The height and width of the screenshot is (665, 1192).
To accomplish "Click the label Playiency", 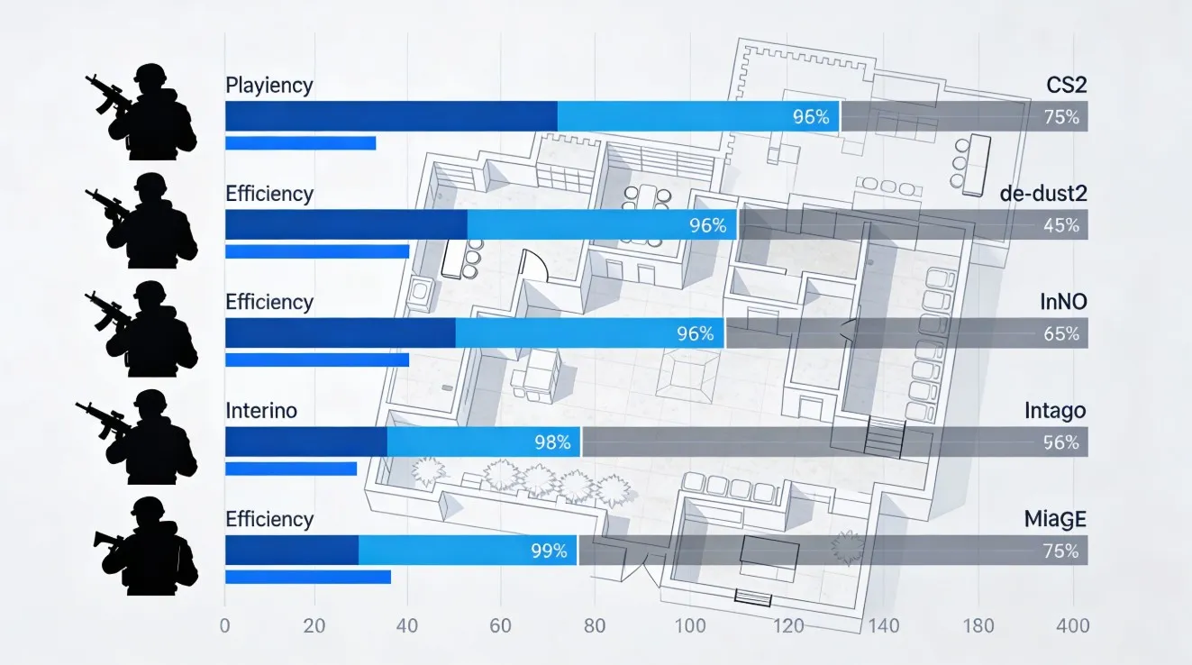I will pyautogui.click(x=268, y=86).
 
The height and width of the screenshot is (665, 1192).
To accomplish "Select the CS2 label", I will pyautogui.click(x=1066, y=86).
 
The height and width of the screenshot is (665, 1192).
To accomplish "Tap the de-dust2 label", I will pyautogui.click(x=1043, y=193).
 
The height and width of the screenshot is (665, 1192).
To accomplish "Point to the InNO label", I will pyautogui.click(x=1062, y=302).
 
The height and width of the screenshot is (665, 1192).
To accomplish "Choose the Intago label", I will pyautogui.click(x=1055, y=411).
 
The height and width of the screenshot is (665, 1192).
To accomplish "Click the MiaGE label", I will pyautogui.click(x=1055, y=519).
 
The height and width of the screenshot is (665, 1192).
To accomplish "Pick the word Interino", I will pyautogui.click(x=261, y=411).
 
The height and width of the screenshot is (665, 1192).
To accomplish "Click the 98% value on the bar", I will pyautogui.click(x=552, y=442).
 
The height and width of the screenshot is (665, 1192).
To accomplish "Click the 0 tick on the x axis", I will pyautogui.click(x=225, y=626).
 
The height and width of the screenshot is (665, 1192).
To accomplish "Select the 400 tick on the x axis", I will pyautogui.click(x=1073, y=626).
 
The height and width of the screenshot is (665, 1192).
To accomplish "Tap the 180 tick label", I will pyautogui.click(x=978, y=626).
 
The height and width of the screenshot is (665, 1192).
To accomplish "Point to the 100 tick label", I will pyautogui.click(x=690, y=626).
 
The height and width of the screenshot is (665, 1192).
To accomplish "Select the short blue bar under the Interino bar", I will pyautogui.click(x=291, y=469).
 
